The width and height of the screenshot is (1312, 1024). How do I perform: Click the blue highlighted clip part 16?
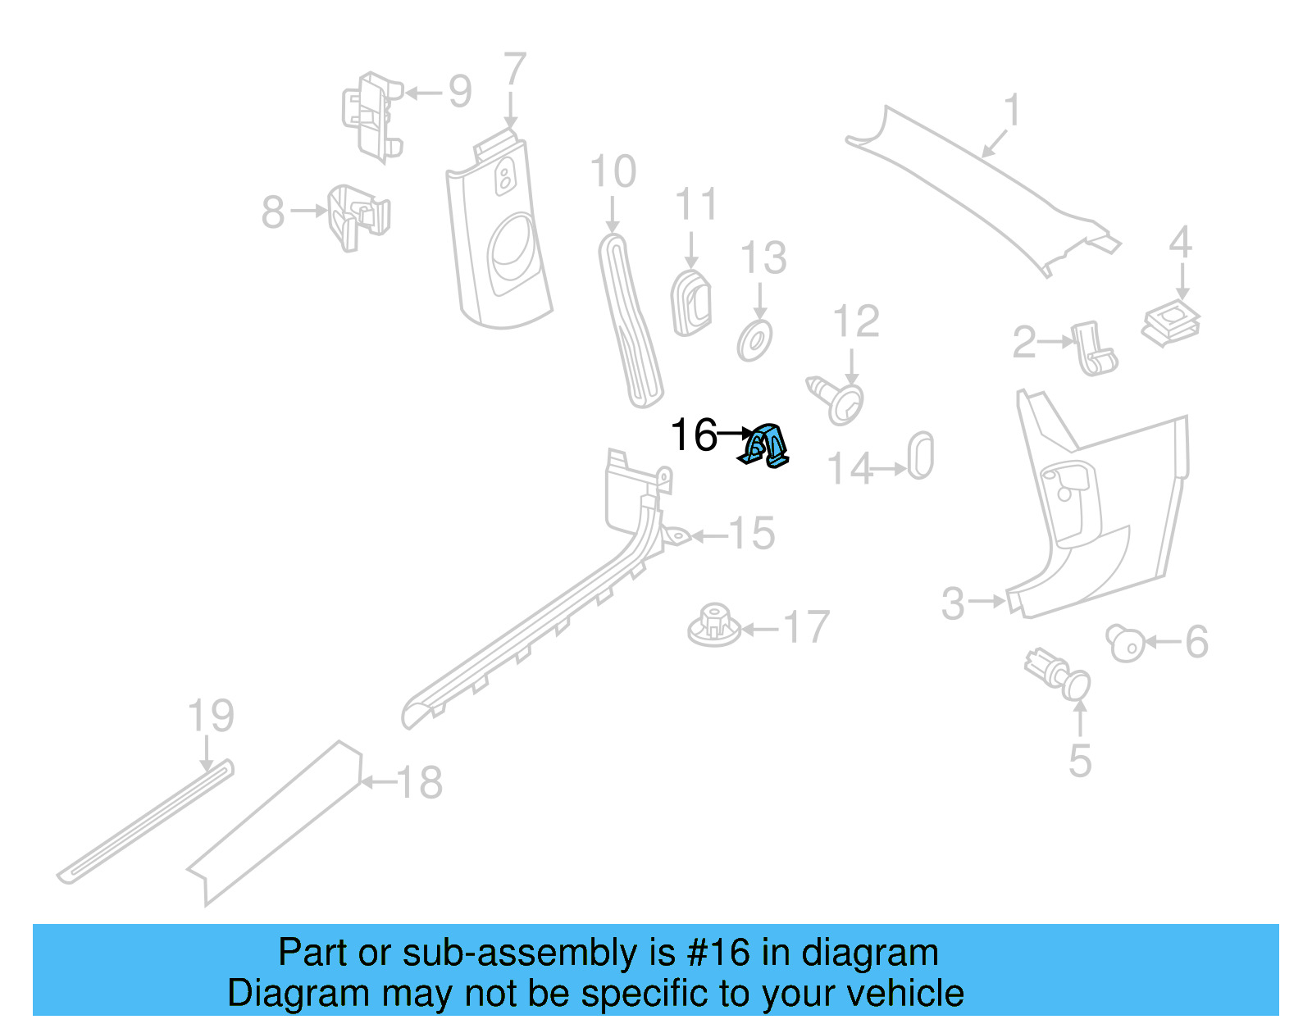765,446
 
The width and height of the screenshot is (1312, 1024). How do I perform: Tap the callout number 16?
693,435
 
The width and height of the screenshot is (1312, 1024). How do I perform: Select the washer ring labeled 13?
754,341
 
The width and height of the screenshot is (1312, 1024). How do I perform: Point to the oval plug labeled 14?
920,456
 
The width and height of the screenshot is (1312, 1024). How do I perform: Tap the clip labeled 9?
372,116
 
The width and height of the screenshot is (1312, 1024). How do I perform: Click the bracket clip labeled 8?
358,216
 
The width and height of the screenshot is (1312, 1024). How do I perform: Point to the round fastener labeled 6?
1125,643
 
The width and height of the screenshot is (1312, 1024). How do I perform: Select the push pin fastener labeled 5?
1060,674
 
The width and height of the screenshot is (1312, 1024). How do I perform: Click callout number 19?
211,716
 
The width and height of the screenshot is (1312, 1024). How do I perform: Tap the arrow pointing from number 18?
378,782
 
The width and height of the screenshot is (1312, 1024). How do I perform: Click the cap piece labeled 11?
691,303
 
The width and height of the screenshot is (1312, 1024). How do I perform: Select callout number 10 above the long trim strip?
613,171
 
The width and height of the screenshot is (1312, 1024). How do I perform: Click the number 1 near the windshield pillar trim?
1013,110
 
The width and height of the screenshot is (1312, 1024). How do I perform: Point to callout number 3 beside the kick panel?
953,603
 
